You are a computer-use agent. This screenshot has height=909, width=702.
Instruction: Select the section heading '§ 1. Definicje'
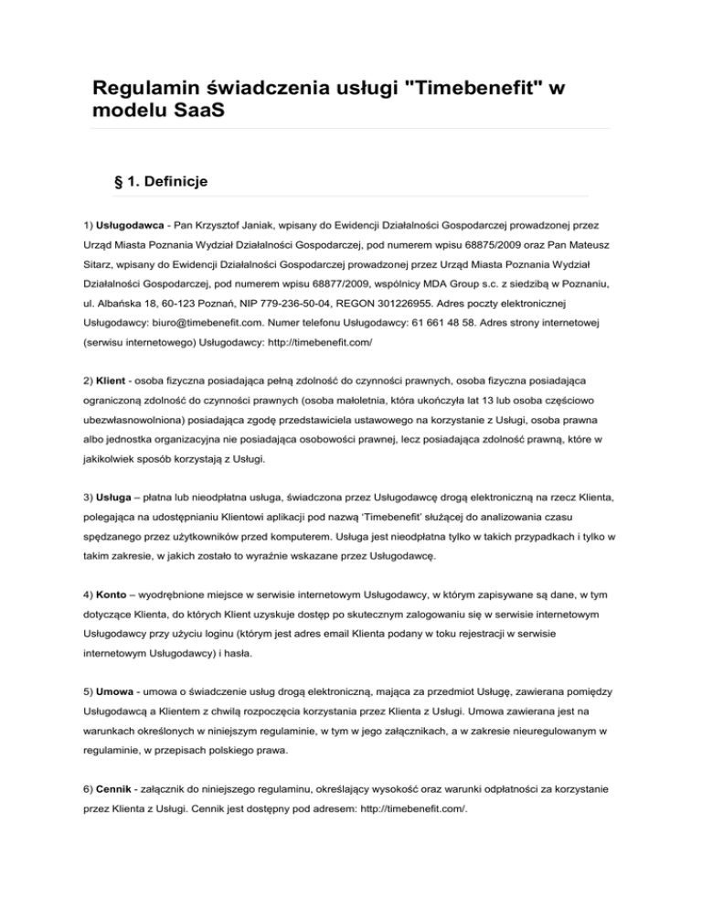click(159, 182)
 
